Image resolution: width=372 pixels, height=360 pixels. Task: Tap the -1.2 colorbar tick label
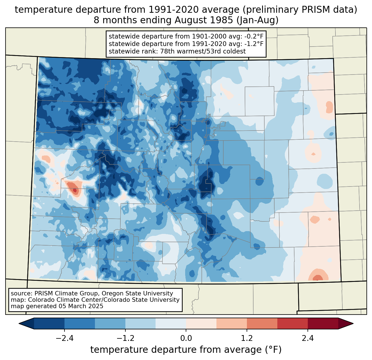click(125, 338)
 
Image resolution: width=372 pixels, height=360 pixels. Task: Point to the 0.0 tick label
click(186, 338)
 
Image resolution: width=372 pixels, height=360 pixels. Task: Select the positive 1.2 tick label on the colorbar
click(247, 338)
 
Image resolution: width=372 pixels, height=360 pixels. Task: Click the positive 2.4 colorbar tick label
click(308, 338)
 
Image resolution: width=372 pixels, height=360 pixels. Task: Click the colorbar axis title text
click(186, 349)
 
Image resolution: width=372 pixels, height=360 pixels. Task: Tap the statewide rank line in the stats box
click(177, 51)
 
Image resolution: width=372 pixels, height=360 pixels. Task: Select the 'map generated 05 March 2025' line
click(57, 306)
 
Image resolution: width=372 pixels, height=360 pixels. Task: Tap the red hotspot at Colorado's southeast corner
click(317, 278)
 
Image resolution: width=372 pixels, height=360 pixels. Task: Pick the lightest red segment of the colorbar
click(201, 323)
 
